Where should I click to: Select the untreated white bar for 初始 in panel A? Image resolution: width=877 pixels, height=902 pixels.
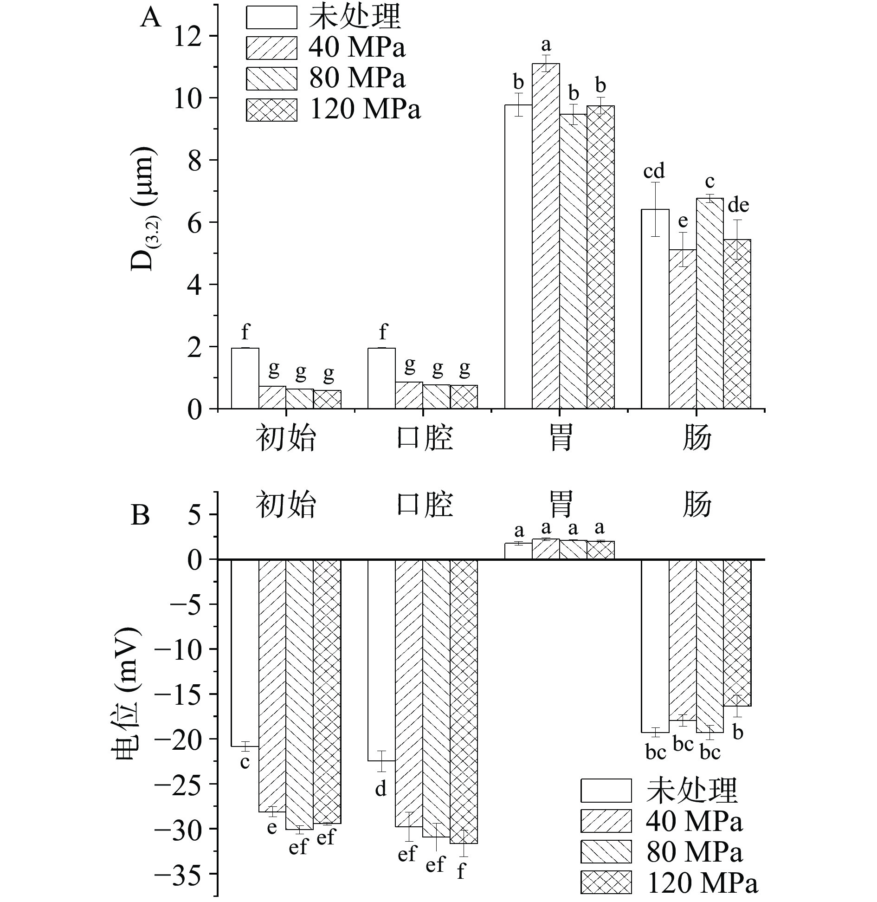tap(245, 378)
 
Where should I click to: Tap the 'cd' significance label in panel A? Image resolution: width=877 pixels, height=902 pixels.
tap(654, 171)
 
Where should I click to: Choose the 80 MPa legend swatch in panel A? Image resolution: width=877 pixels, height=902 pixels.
tap(271, 78)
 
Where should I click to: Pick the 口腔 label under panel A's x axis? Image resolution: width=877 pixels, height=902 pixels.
tap(425, 438)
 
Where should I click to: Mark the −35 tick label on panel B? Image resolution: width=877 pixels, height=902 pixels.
tap(186, 874)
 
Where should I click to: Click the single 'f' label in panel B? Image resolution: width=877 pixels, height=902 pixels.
tap(461, 871)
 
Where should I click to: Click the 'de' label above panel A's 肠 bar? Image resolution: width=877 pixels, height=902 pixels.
tap(738, 205)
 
